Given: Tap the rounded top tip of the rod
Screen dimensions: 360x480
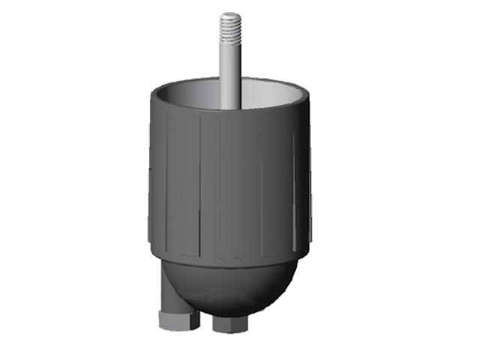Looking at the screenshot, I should click(x=230, y=14).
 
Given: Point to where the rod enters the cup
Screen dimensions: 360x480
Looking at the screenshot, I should click(x=229, y=106).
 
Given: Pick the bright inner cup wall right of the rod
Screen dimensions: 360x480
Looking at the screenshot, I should click(x=270, y=94).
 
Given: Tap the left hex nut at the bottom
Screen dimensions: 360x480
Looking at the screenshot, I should click(x=178, y=322).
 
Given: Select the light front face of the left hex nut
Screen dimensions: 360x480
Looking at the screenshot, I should click(x=174, y=322).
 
